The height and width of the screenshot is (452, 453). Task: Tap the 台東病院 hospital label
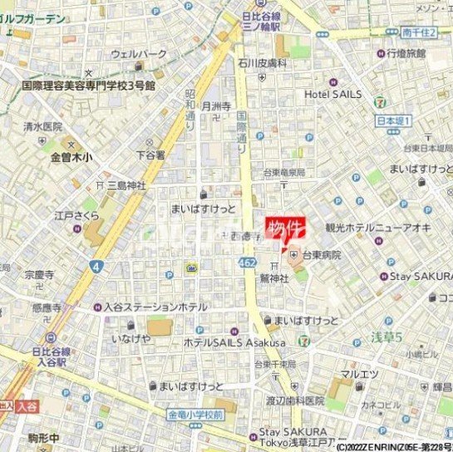click(x=321, y=255)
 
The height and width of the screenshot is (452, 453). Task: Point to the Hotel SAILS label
click(x=332, y=94)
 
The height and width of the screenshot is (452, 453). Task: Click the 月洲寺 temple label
click(x=216, y=106)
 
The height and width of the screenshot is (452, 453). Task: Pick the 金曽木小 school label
click(x=72, y=155)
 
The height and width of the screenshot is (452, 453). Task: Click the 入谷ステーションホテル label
click(x=155, y=307)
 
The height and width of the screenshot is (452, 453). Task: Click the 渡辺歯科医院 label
click(x=290, y=400)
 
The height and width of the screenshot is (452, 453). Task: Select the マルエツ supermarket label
click(x=364, y=374)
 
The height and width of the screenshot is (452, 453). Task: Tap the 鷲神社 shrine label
click(x=273, y=279)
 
